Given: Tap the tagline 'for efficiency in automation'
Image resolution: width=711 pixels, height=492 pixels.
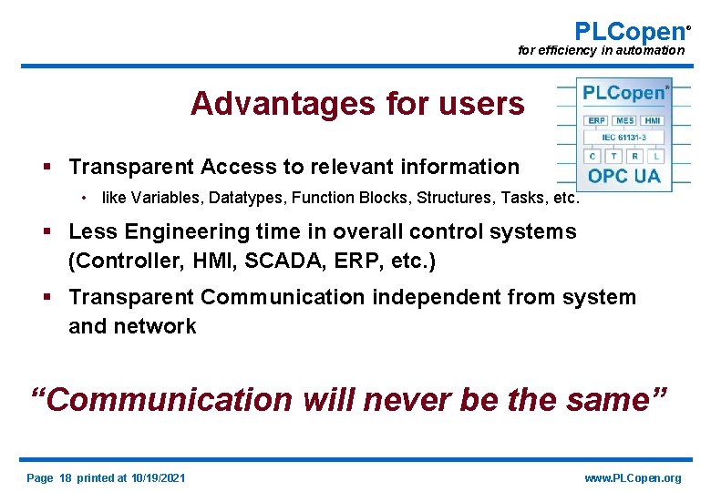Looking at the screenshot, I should click(601, 51).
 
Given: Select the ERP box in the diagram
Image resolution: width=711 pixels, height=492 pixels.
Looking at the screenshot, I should click(597, 120).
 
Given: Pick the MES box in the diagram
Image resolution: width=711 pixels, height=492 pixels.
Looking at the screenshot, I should click(624, 120).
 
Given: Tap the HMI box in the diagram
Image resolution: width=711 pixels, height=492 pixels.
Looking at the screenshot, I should click(653, 120).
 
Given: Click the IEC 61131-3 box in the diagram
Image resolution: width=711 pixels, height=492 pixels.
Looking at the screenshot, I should click(624, 138).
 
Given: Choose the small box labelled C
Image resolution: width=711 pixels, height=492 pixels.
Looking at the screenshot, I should click(592, 156).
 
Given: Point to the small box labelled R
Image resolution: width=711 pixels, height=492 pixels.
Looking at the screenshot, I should click(635, 156).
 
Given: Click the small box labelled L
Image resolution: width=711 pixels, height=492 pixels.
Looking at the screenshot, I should click(656, 156).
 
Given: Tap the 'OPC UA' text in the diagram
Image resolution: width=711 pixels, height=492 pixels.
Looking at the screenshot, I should click(624, 175).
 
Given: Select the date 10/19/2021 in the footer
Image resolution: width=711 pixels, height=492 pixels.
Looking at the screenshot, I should click(158, 478).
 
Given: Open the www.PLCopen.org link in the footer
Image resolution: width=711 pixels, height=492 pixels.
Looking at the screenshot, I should click(632, 478).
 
